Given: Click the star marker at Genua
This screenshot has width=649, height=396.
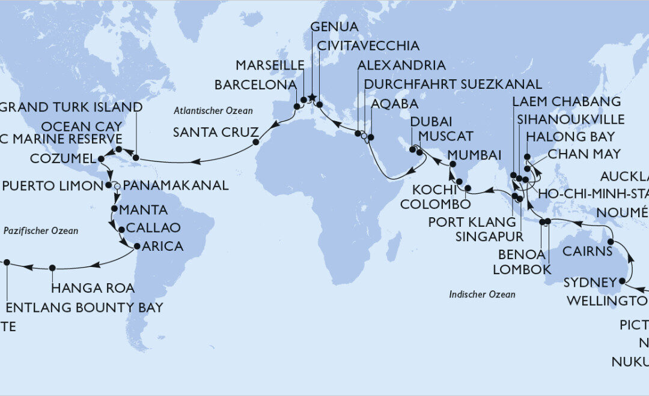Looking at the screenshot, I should coord(311,98).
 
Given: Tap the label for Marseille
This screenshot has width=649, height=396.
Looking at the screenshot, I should coord(266,65).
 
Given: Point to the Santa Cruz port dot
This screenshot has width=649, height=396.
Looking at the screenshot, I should coord(255,143).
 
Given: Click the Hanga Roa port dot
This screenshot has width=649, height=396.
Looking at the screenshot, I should coord(52,268).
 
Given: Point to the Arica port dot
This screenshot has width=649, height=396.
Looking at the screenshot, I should coord(137,246).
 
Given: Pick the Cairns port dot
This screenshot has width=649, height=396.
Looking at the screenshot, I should coord(611,242).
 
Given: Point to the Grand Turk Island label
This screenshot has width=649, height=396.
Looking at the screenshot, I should coord(73,108).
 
